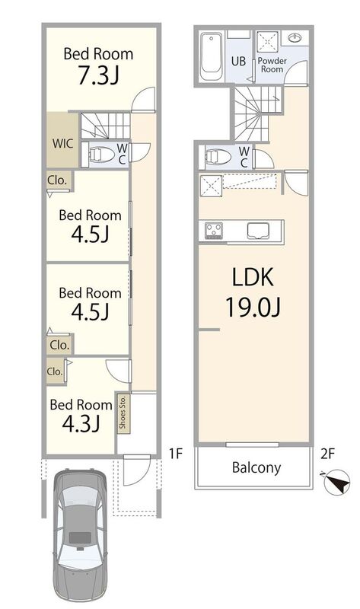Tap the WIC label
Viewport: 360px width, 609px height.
[62, 143]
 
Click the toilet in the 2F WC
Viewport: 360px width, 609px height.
[218, 157]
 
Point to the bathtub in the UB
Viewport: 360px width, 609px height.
[212, 56]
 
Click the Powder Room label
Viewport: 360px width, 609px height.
[272, 65]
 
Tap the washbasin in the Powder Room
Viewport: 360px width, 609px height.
[296, 37]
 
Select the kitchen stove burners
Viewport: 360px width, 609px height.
[214, 230]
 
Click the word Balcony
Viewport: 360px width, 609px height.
[256, 467]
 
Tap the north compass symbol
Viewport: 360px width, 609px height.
[336, 482]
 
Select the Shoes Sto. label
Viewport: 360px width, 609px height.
[123, 412]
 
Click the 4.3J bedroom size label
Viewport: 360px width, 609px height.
[81, 423]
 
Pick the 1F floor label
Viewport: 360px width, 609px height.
[176, 454]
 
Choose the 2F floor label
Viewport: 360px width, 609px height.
[327, 454]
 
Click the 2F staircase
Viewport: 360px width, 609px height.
[256, 113]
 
